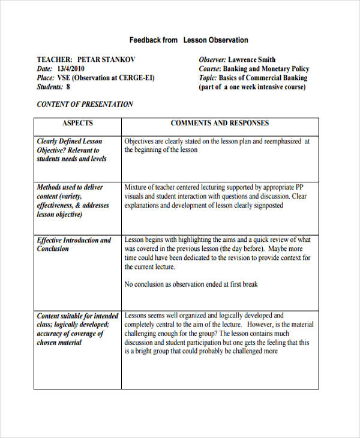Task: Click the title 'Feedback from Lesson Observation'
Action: (x=188, y=40)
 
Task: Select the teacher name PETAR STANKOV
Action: (x=106, y=59)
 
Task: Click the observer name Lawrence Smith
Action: (x=251, y=59)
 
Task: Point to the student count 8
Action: (x=68, y=87)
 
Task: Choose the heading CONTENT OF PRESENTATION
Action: (x=85, y=104)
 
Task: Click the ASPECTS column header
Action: (x=77, y=123)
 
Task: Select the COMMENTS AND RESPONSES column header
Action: (x=220, y=123)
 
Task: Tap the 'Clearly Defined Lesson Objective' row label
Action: (x=72, y=150)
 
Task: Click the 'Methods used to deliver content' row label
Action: (x=73, y=200)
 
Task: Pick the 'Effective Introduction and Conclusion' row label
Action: (x=74, y=244)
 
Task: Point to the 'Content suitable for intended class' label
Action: (x=77, y=329)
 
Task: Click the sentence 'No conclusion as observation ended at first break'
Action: (x=191, y=284)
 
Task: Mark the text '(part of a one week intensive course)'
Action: (x=252, y=87)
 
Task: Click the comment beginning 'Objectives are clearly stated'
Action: (x=217, y=146)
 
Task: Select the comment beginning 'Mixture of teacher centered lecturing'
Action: (x=215, y=196)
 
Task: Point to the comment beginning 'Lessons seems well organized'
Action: (x=218, y=333)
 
